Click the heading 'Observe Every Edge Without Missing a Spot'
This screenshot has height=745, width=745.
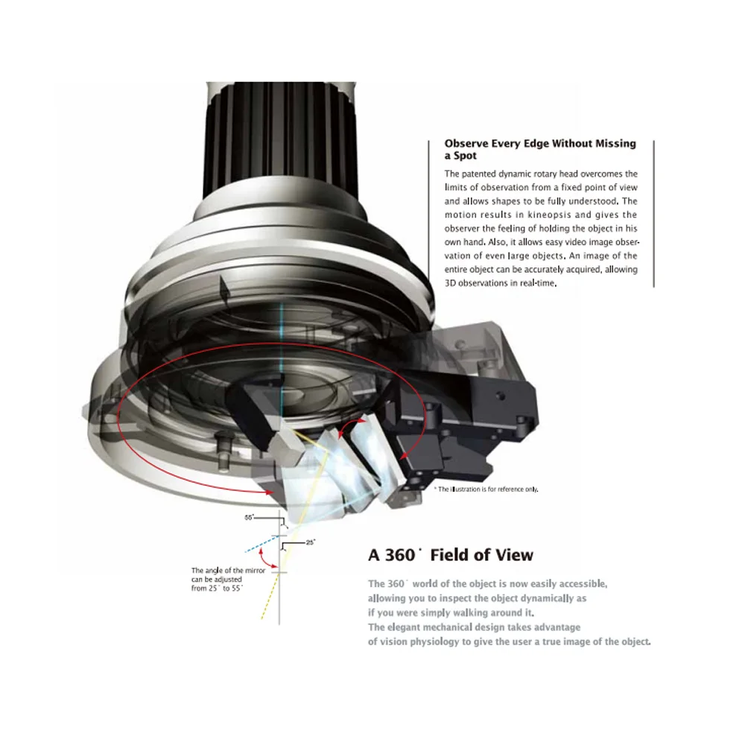point(539,149)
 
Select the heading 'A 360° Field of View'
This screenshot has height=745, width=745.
point(451,555)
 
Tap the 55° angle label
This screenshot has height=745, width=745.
point(250,516)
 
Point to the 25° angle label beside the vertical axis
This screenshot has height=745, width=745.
point(310,542)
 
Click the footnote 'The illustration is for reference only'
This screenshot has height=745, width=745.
point(487,489)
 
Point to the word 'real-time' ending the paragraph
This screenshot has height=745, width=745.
point(539,284)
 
